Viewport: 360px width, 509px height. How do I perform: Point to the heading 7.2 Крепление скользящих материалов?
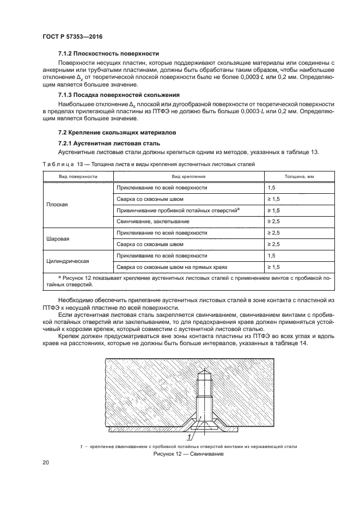[114, 132]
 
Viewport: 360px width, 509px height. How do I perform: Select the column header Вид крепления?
[188, 176]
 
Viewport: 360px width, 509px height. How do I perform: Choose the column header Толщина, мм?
[299, 176]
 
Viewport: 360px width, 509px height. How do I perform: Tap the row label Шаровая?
[58, 238]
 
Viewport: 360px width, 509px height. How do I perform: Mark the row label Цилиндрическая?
[67, 261]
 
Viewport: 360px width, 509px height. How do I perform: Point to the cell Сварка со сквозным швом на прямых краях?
[171, 267]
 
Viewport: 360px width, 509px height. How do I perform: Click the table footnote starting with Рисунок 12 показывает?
[188, 280]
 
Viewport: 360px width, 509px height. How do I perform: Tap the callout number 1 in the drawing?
[189, 437]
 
